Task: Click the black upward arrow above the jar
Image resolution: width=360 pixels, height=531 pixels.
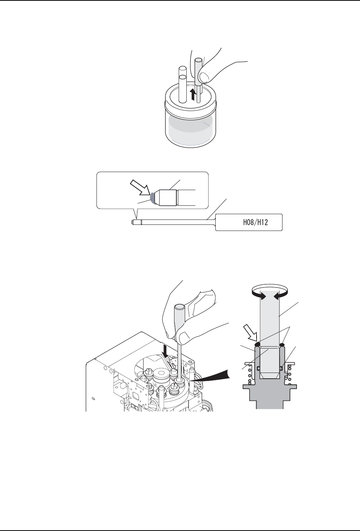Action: [194, 93]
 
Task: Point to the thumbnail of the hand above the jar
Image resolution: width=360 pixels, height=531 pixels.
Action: [205, 77]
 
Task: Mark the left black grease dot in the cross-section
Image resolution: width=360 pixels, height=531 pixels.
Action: [257, 344]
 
